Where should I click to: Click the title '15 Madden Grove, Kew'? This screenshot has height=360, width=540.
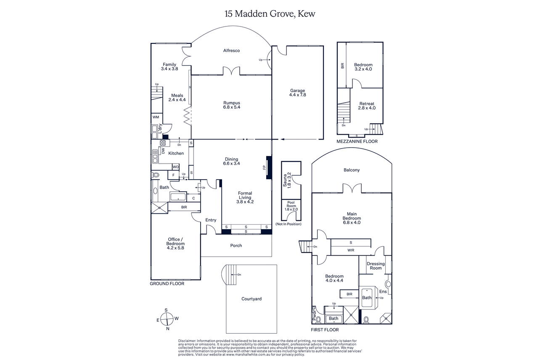pyautogui.click(x=270, y=14)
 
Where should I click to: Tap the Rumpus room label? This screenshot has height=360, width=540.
pyautogui.click(x=232, y=103)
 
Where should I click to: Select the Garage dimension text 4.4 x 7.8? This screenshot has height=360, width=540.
pyautogui.click(x=297, y=95)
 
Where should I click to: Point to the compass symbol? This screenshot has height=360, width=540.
pyautogui.click(x=167, y=319)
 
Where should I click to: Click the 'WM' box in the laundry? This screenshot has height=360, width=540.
pyautogui.click(x=156, y=117)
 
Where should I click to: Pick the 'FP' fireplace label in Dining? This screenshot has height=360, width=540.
pyautogui.click(x=264, y=167)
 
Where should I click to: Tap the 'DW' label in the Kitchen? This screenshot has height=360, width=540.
pyautogui.click(x=163, y=151)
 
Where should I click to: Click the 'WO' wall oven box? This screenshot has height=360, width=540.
pyautogui.click(x=175, y=167)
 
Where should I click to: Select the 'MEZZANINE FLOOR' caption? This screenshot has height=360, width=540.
pyautogui.click(x=357, y=142)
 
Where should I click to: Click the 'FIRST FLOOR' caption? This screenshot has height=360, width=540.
pyautogui.click(x=325, y=330)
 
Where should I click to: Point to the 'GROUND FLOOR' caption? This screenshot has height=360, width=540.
pyautogui.click(x=167, y=284)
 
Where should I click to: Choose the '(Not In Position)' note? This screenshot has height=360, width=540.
pyautogui.click(x=289, y=224)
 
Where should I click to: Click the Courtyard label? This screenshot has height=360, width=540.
pyautogui.click(x=251, y=299)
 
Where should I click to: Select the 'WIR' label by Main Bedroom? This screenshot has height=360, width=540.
pyautogui.click(x=351, y=250)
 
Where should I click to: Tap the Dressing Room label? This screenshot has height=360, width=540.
pyautogui.click(x=376, y=266)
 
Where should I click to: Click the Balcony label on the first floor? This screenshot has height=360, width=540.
pyautogui.click(x=352, y=170)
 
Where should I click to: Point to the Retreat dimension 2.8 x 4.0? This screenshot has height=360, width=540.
pyautogui.click(x=367, y=108)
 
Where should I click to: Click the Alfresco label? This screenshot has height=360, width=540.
pyautogui.click(x=231, y=50)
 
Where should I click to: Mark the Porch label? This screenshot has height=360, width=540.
pyautogui.click(x=236, y=246)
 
